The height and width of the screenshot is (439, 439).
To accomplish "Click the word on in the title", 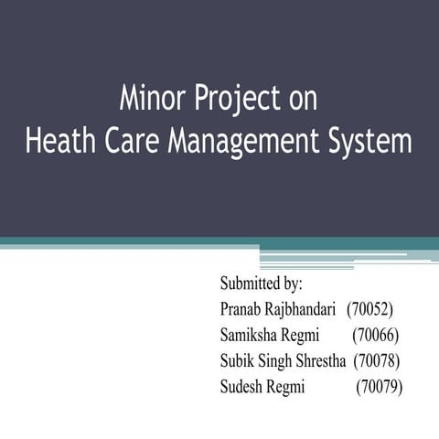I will [302, 99].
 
